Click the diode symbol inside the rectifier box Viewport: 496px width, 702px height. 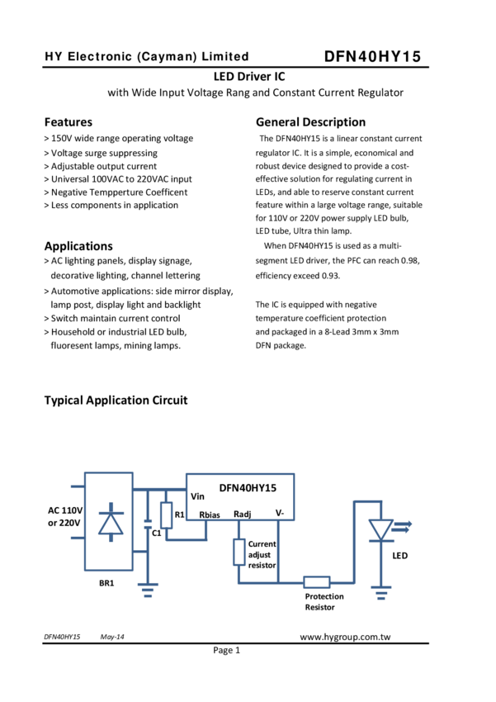point(111,524)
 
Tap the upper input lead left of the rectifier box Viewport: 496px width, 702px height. point(76,487)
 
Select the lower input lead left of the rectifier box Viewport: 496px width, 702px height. point(76,538)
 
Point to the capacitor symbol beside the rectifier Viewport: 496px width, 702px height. point(148,524)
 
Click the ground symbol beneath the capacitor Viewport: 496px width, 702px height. point(148,589)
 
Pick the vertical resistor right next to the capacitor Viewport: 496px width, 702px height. point(166,515)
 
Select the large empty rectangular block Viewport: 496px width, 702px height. point(239,496)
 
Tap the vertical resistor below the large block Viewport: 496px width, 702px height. point(239,551)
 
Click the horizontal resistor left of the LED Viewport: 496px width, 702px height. point(317,583)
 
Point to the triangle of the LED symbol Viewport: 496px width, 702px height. point(380,529)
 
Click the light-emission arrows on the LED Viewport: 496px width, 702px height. point(402,524)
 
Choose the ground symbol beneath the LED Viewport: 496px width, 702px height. point(380,591)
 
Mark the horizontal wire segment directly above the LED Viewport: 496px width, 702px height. point(367,501)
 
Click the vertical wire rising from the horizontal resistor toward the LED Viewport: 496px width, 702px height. point(354,545)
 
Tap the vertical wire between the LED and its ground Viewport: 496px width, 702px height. point(380,565)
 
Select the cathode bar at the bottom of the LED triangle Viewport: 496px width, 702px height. point(380,541)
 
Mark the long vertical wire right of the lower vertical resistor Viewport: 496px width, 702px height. point(278,552)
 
